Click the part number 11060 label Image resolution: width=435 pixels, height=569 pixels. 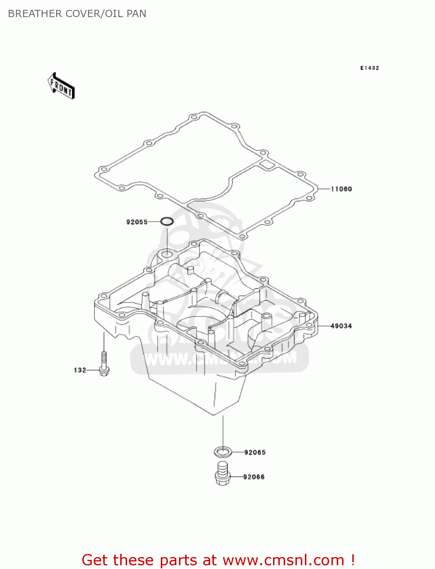[341, 189]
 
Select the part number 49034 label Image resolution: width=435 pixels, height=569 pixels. [341, 326]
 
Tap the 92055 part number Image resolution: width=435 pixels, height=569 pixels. [137, 222]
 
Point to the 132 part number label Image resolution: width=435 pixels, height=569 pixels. [80, 370]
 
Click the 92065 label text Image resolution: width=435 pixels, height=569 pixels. [255, 452]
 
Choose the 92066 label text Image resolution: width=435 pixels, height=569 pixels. [254, 477]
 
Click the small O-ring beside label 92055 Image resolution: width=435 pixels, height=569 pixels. [166, 222]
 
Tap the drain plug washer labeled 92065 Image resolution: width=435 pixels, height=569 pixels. [223, 452]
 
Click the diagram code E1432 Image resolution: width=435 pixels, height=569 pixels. [369, 68]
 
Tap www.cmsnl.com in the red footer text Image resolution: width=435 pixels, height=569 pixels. [283, 560]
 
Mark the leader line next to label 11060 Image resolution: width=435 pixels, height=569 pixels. [324, 189]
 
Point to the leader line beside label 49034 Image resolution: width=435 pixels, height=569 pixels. [324, 326]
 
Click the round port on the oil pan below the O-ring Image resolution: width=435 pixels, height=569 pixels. [166, 253]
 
